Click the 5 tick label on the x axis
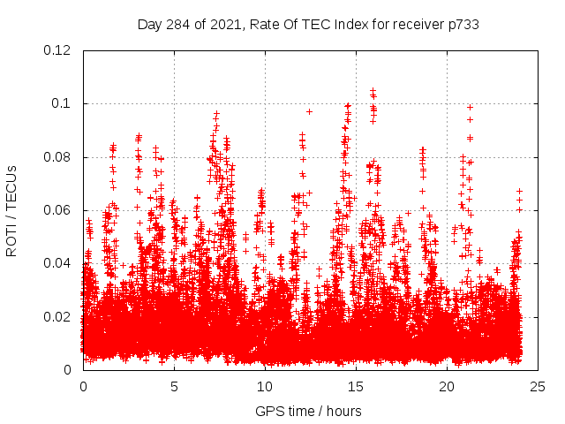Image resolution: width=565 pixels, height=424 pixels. pos(174,386)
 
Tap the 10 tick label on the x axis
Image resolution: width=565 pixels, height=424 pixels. pos(265,386)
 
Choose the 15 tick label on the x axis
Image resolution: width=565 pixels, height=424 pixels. pos(356,386)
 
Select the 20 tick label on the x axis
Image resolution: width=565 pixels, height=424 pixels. pos(447,386)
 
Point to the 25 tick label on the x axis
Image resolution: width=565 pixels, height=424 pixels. pos(538,386)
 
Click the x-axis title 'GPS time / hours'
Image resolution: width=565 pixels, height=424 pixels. pos(308,411)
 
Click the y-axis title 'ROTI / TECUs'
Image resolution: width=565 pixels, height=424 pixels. pos(11,210)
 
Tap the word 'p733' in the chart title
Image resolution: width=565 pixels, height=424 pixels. pos(463,25)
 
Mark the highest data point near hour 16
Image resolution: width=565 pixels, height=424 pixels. pos(373,90)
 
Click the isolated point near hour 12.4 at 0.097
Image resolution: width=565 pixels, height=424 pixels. pos(309,111)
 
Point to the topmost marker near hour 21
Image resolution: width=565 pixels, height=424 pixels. pos(470,107)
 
